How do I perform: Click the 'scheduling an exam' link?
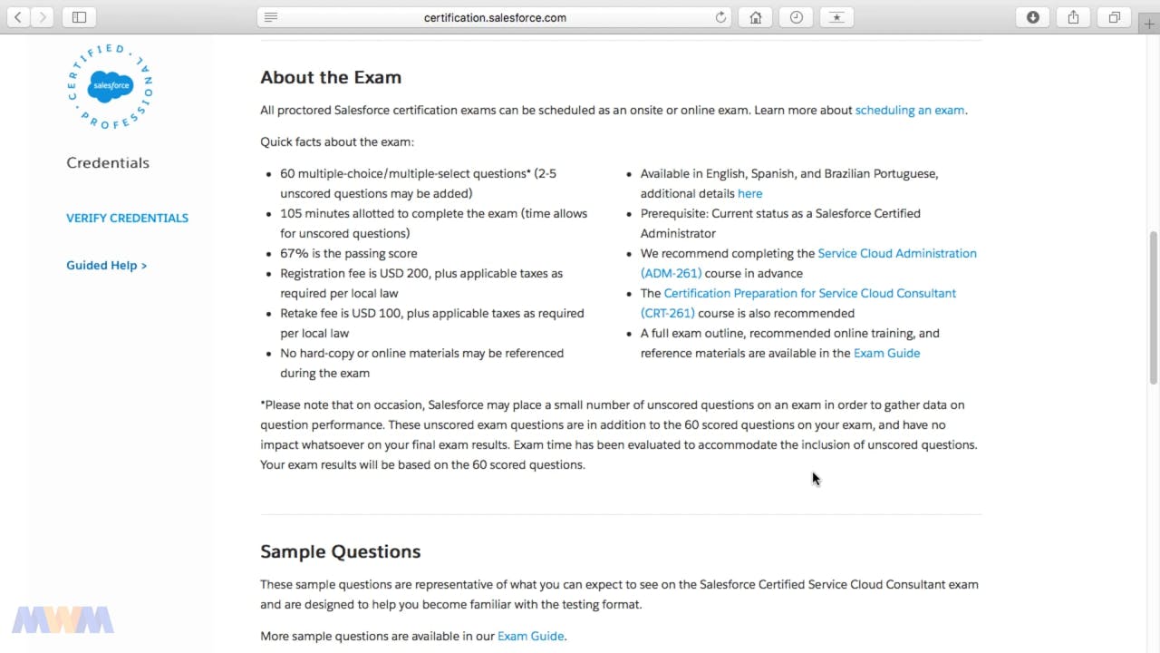click(x=909, y=110)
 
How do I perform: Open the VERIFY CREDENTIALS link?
click(x=127, y=218)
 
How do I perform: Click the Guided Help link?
click(x=106, y=265)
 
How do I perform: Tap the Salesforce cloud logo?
click(x=110, y=86)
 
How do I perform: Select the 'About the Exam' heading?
click(x=331, y=77)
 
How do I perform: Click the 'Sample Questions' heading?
click(x=340, y=551)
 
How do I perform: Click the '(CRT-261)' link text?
click(x=667, y=313)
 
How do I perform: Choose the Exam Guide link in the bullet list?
click(x=886, y=353)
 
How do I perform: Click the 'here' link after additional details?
click(x=749, y=193)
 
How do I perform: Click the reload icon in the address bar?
click(x=720, y=17)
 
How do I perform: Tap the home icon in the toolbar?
click(x=755, y=17)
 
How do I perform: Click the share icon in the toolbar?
click(x=1073, y=17)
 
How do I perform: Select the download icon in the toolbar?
click(x=1032, y=17)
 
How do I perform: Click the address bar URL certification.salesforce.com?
click(x=495, y=17)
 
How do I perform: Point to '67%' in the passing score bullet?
click(x=295, y=253)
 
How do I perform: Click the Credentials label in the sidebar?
click(x=108, y=162)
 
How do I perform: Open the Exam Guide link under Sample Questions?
click(x=530, y=636)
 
